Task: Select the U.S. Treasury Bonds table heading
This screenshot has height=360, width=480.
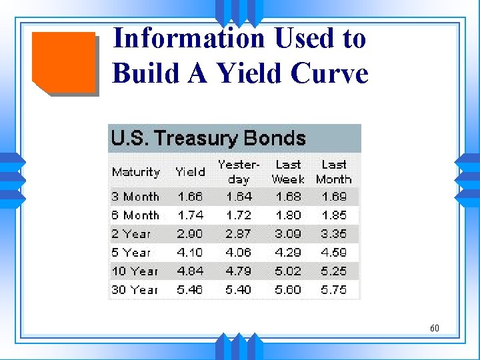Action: tap(208, 139)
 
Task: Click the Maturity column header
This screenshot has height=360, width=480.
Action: tap(136, 172)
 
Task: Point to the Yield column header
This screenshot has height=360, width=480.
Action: tap(190, 172)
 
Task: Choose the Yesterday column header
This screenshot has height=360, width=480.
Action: tap(239, 171)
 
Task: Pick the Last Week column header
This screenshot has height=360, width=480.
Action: tap(288, 171)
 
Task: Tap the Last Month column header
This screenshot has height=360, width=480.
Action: tap(334, 171)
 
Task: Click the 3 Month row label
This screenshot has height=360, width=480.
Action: tap(135, 197)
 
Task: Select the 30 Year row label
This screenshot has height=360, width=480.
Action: tap(135, 290)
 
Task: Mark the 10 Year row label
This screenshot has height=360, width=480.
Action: tap(135, 271)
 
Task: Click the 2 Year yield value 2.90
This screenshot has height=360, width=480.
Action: tap(191, 234)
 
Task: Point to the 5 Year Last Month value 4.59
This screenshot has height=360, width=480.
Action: tap(334, 253)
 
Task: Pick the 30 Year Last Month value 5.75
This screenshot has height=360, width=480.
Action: tap(334, 290)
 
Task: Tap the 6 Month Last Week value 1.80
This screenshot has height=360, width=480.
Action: tap(288, 215)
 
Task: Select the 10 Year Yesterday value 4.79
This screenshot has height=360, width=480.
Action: tap(239, 271)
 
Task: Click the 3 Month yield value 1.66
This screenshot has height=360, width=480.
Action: tap(191, 197)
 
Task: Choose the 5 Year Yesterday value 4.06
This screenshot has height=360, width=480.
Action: tap(239, 253)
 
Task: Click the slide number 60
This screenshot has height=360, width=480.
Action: tap(435, 328)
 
